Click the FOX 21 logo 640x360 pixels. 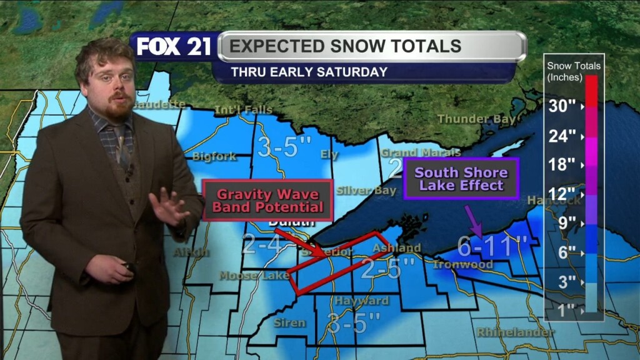click(x=174, y=47)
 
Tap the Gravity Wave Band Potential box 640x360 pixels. click(x=267, y=200)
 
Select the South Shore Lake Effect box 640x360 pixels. click(x=461, y=179)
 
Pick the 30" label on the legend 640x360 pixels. click(x=562, y=106)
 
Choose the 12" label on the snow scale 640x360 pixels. click(x=562, y=194)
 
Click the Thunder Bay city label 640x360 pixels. click(x=476, y=119)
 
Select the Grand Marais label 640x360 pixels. click(x=421, y=152)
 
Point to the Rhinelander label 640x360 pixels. click(x=515, y=332)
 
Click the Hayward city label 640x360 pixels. click(x=361, y=301)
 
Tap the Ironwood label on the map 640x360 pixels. click(x=463, y=264)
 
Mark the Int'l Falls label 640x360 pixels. click(x=244, y=110)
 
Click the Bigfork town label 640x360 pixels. click(x=214, y=156)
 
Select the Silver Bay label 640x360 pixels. click(x=366, y=190)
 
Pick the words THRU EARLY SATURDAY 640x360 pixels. click(x=309, y=72)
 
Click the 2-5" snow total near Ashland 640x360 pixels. click(x=387, y=268)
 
